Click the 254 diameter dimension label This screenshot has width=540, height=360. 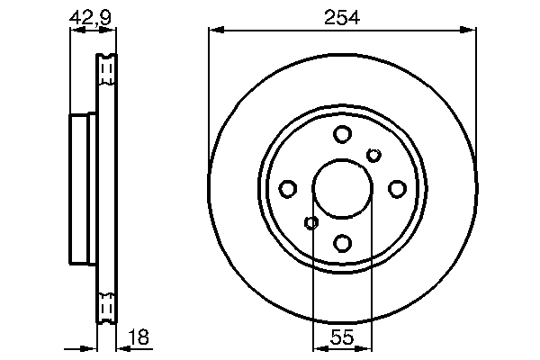[x=342, y=16]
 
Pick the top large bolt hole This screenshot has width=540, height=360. [x=342, y=135]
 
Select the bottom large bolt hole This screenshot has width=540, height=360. [x=342, y=242]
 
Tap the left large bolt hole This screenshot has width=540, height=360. [x=288, y=189]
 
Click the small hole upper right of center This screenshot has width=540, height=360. [x=373, y=156]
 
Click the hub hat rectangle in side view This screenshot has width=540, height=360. [x=82, y=189]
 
